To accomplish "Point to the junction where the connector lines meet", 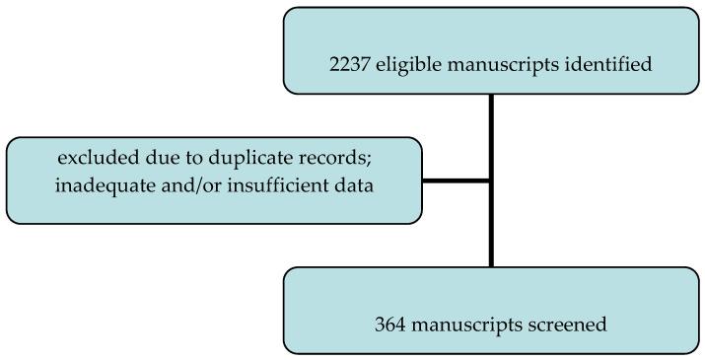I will tap(490, 180).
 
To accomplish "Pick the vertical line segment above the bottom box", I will tap(490, 227).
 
